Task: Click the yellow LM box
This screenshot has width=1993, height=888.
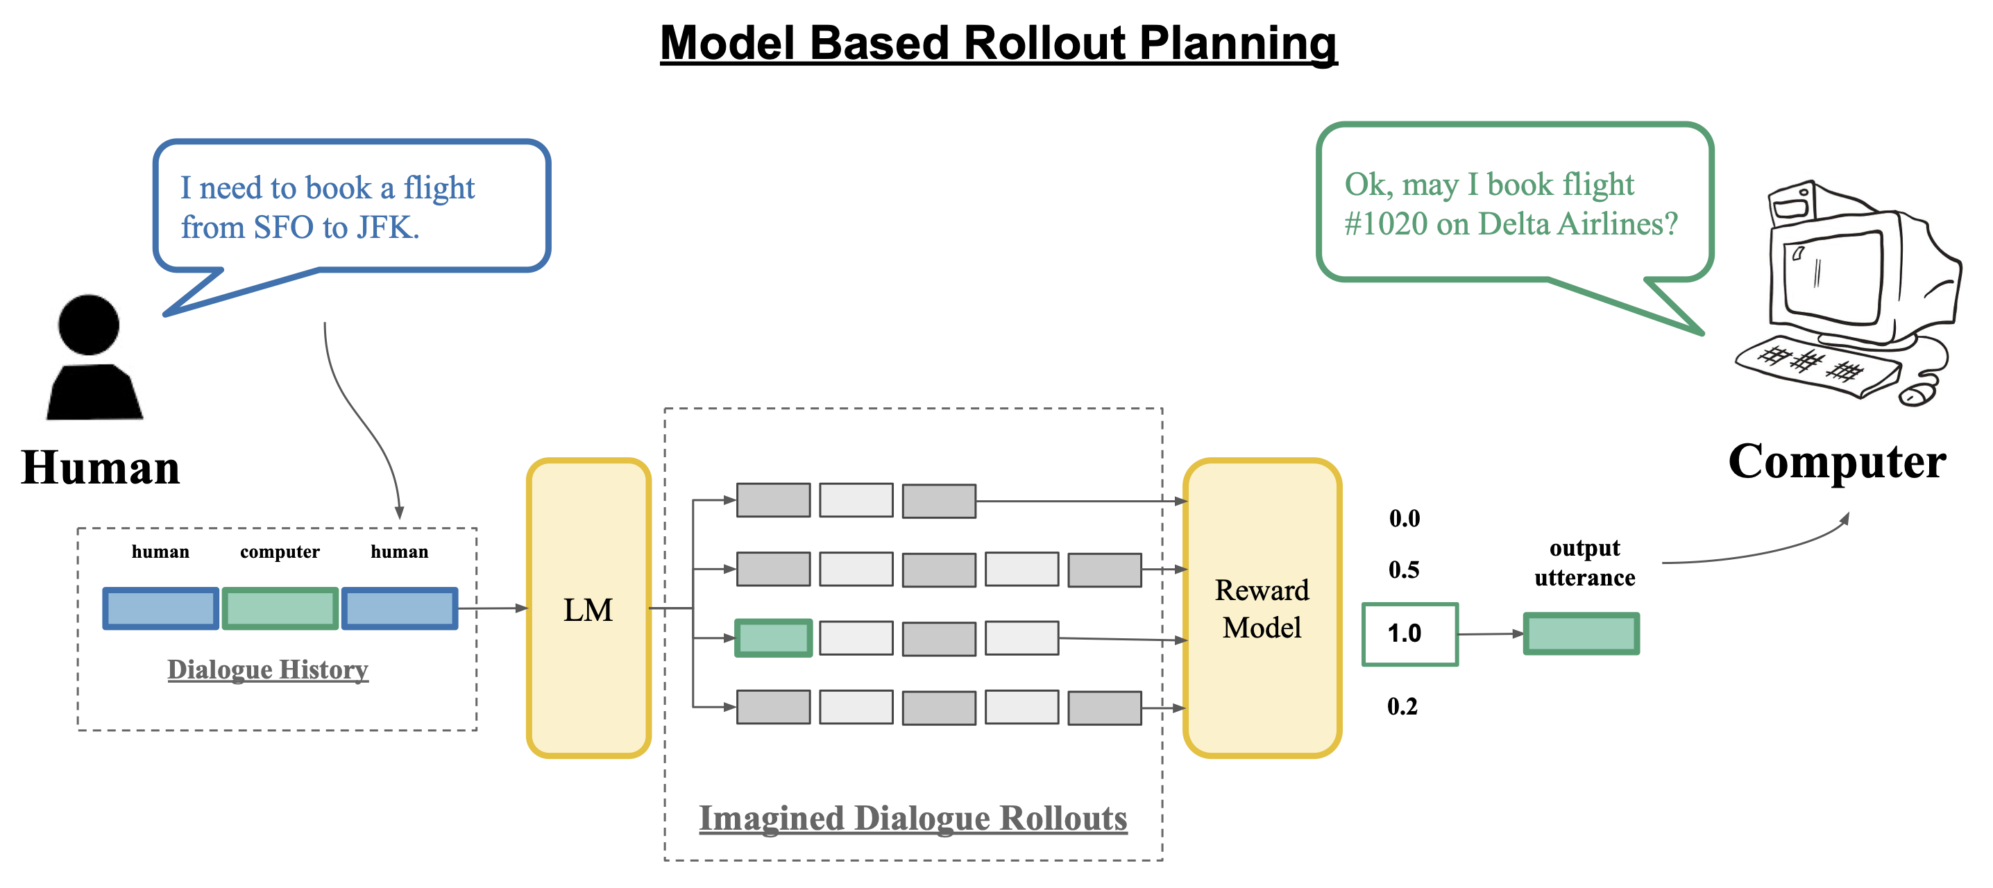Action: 588,608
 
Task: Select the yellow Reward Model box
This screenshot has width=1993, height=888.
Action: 1262,608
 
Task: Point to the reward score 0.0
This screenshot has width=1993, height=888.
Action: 1405,518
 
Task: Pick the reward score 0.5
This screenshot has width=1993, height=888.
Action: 1403,570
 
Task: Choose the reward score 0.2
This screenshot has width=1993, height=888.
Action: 1402,706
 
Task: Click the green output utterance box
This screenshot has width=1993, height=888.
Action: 1581,633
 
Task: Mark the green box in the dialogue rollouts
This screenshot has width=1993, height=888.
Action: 773,638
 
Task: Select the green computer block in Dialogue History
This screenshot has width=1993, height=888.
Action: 280,608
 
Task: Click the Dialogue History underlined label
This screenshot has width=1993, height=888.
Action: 268,669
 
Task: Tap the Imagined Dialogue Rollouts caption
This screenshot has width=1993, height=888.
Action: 913,819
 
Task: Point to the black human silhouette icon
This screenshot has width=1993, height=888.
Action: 94,357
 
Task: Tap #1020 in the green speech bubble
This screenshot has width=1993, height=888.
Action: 1386,224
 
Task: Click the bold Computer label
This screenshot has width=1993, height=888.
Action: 1837,462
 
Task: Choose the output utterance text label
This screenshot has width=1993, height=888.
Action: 1584,563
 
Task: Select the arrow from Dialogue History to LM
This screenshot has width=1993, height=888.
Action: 493,608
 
